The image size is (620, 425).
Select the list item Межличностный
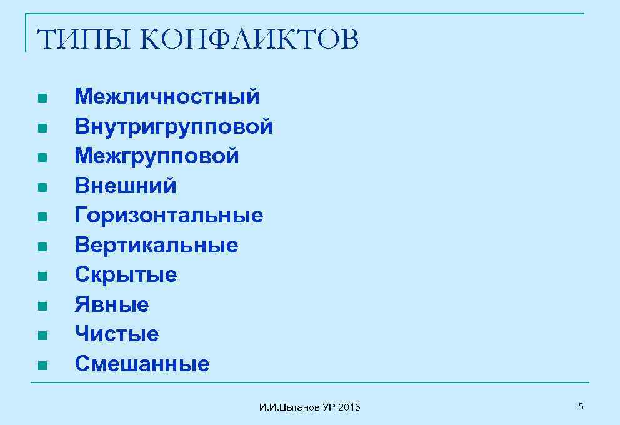pyautogui.click(x=167, y=96)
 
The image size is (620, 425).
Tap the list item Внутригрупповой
pyautogui.click(x=174, y=126)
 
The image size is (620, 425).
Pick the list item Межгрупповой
pyautogui.click(x=157, y=156)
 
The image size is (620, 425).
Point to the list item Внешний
pyautogui.click(x=126, y=186)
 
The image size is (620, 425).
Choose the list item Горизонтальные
pyautogui.click(x=169, y=216)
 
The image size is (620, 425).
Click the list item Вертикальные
pyautogui.click(x=156, y=245)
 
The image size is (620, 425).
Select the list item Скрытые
pyautogui.click(x=126, y=274)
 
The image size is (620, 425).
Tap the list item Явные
pyautogui.click(x=112, y=304)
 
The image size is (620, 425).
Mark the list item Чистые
pyautogui.click(x=117, y=334)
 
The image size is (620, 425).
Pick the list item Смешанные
pyautogui.click(x=142, y=364)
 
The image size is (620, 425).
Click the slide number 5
pyautogui.click(x=581, y=407)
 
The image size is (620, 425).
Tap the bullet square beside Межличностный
pyautogui.click(x=41, y=98)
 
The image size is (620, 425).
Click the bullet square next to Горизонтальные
pyautogui.click(x=41, y=217)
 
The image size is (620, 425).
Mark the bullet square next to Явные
pyautogui.click(x=41, y=306)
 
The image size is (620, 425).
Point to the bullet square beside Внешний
pyautogui.click(x=41, y=187)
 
